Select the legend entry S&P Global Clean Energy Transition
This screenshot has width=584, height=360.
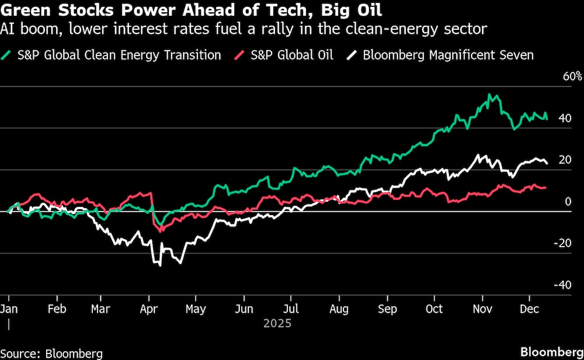(120, 56)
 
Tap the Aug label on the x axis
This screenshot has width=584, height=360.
(339, 308)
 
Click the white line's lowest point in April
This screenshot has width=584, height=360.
(160, 266)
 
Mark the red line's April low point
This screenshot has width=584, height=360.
(161, 231)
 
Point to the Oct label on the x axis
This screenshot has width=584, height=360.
(434, 308)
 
